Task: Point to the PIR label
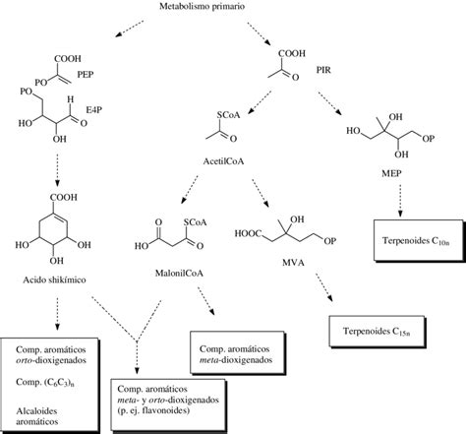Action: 323,72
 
